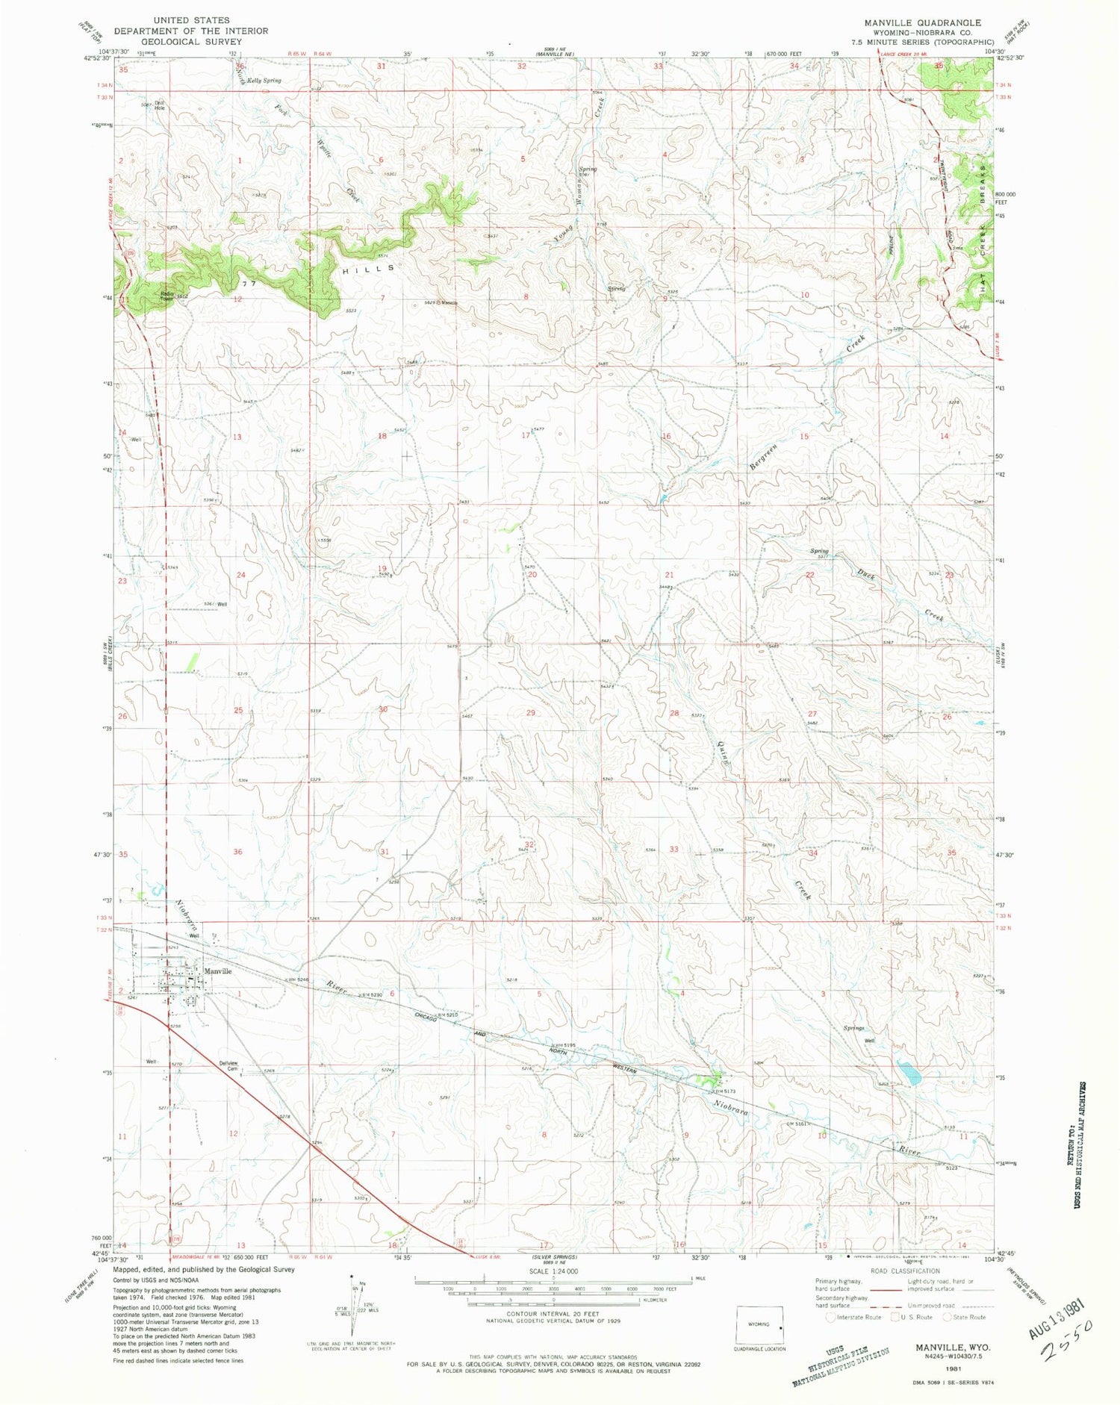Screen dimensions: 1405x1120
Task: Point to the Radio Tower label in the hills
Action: pos(167,295)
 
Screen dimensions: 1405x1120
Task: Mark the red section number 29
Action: pos(531,713)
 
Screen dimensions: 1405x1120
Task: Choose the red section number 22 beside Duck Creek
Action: pos(809,575)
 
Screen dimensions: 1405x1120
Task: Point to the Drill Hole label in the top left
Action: pos(158,106)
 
